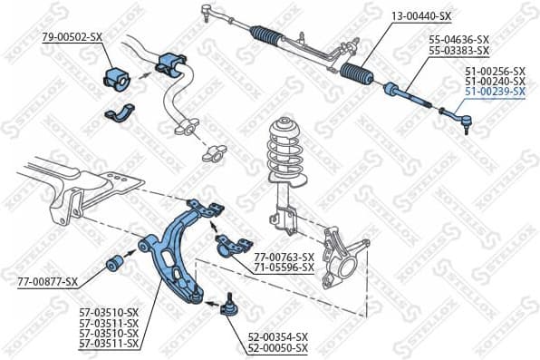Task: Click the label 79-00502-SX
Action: (72, 36)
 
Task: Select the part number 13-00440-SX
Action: (420, 16)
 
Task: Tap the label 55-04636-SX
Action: (458, 39)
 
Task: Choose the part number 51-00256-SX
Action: (494, 71)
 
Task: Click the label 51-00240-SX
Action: (494, 82)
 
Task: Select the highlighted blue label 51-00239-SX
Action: (494, 92)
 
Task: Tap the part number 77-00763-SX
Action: (284, 257)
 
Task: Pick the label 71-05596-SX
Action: (284, 268)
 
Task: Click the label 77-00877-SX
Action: (47, 282)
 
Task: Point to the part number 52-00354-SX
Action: (277, 336)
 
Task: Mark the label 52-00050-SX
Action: (277, 347)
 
